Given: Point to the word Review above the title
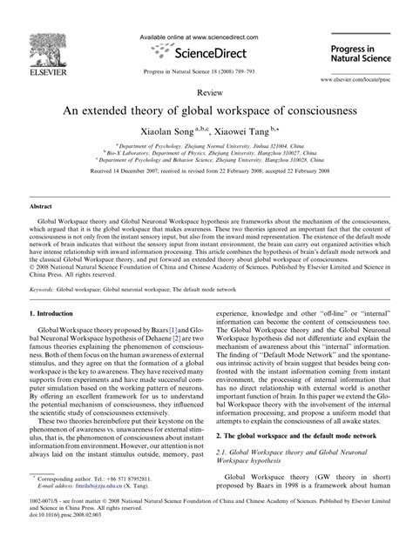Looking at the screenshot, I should pos(207,90).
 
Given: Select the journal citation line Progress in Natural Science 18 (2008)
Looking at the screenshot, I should pos(207,73).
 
